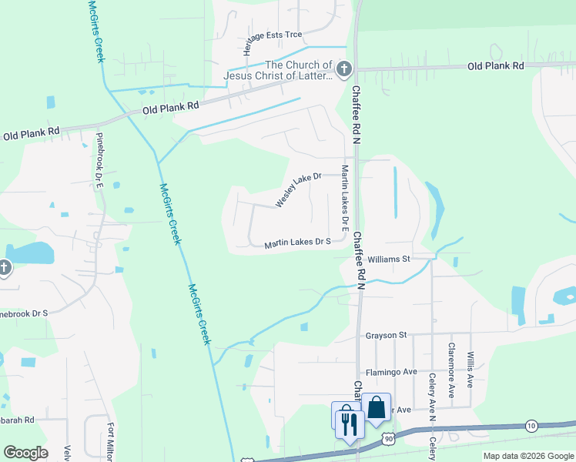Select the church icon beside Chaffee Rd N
343,70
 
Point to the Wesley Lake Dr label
298,190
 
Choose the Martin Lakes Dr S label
297,243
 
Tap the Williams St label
388,259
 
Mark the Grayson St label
386,335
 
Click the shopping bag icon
377,407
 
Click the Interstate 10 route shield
531,425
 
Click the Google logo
25,453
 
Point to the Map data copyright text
527,456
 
